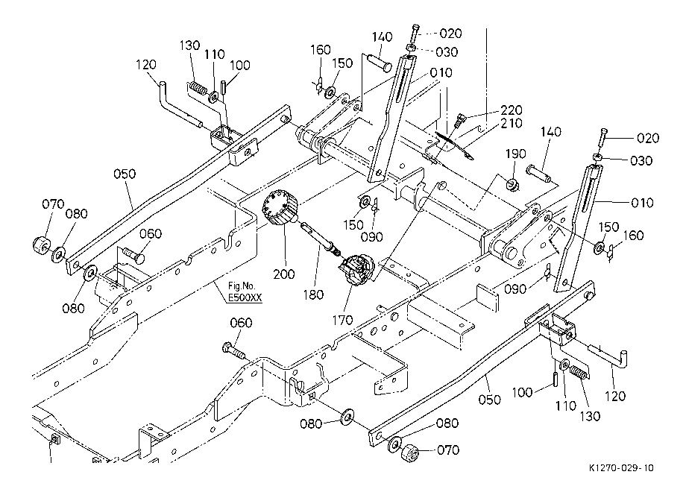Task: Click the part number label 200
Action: click(x=284, y=274)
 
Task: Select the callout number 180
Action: click(x=313, y=294)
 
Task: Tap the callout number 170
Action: click(x=342, y=321)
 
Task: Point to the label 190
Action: click(x=515, y=154)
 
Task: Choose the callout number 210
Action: click(x=511, y=124)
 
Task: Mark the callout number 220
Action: click(x=511, y=110)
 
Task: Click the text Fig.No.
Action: click(x=241, y=286)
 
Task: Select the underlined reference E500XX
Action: click(x=245, y=298)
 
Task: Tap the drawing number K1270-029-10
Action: click(x=621, y=468)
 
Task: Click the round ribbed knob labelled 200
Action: click(x=280, y=207)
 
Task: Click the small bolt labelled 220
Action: click(x=460, y=119)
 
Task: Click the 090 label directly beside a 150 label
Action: click(x=372, y=237)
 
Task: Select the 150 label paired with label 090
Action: click(x=353, y=224)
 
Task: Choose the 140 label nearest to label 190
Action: click(x=550, y=132)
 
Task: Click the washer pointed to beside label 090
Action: click(x=364, y=203)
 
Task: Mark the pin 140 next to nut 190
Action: click(x=538, y=172)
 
